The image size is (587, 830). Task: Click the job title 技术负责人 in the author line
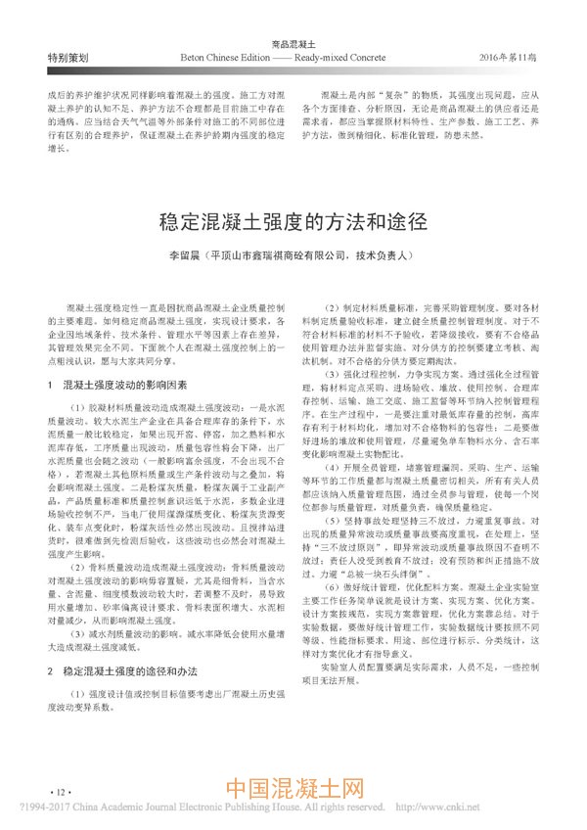coord(390,255)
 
